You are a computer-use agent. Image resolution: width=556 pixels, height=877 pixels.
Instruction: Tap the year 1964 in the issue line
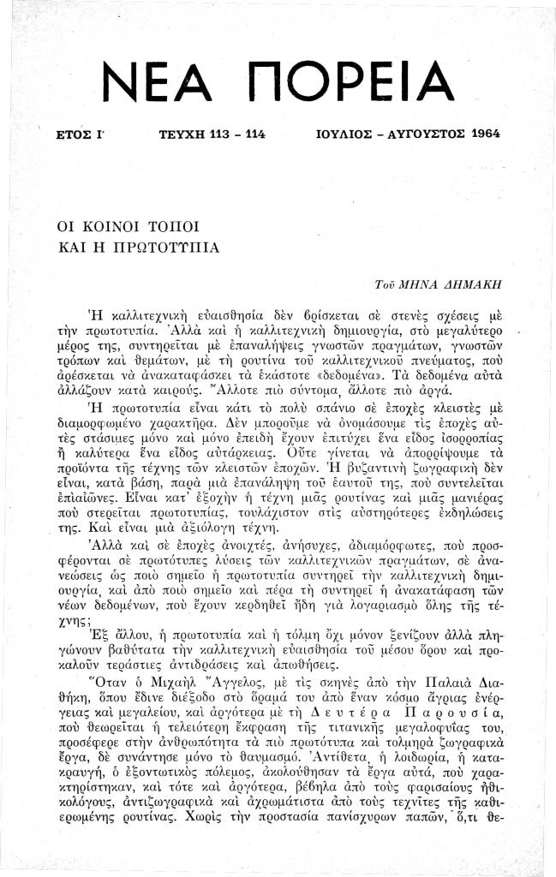point(481,134)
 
